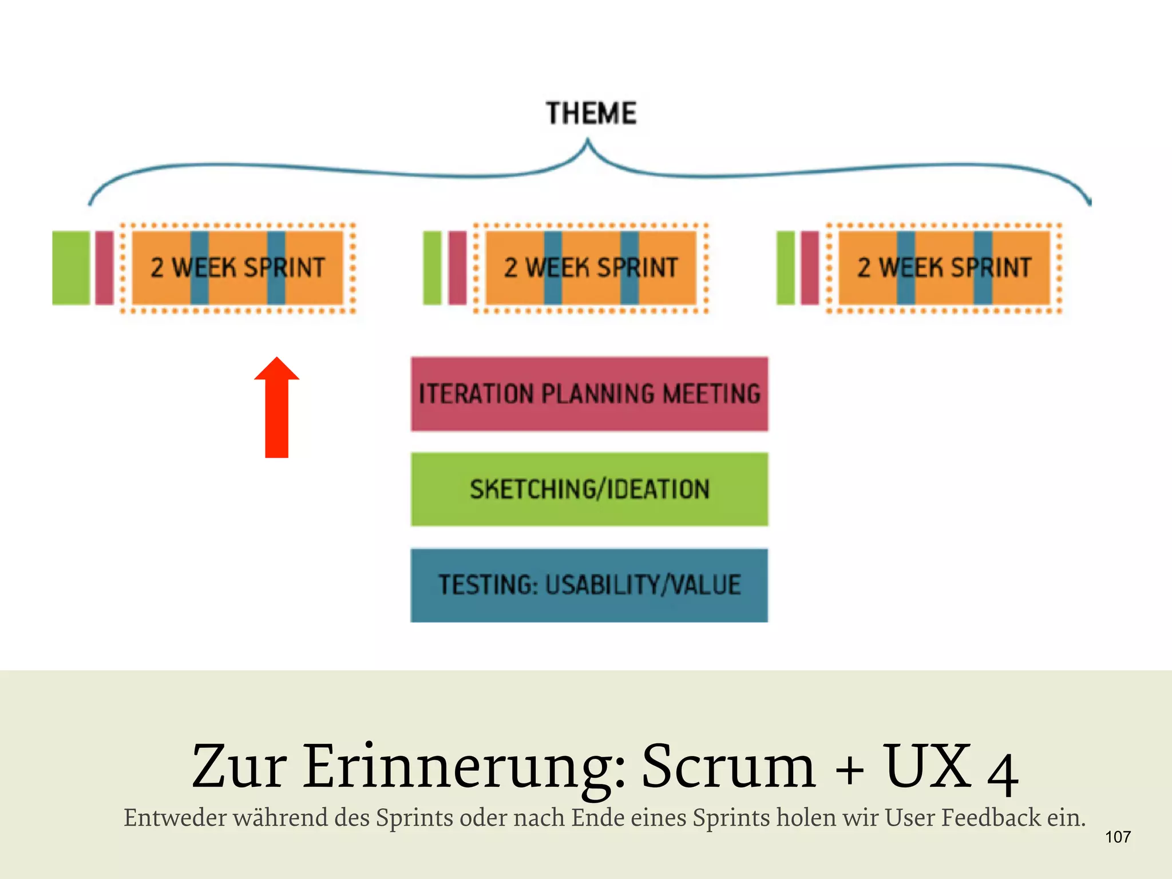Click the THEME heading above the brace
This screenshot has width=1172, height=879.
(591, 113)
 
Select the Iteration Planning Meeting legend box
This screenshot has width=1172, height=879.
(589, 394)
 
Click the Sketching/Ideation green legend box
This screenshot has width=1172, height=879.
(589, 489)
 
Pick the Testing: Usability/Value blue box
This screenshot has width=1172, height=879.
(589, 585)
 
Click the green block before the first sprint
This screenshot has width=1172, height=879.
(71, 268)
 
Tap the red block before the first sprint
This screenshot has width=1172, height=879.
(104, 268)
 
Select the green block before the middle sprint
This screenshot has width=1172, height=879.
(432, 268)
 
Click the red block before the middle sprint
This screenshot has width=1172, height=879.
(457, 268)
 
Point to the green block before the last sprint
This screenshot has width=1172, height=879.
(785, 268)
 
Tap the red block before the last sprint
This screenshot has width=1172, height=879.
(810, 268)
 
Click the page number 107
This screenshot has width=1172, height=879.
(1118, 837)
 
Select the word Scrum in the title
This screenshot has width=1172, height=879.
(728, 767)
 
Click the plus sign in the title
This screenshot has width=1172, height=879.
(850, 770)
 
